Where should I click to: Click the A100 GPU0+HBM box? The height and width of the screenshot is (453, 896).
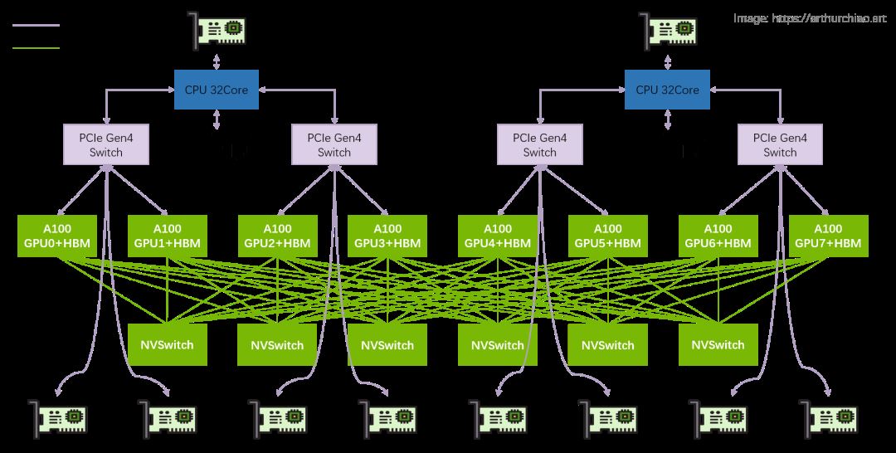point(57,236)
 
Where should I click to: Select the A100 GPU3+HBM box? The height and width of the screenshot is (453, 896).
point(387,236)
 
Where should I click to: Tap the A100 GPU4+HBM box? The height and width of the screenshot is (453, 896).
point(498,236)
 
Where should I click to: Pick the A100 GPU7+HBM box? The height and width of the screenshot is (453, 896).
point(828,236)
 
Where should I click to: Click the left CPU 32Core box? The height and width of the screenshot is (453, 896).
point(217,90)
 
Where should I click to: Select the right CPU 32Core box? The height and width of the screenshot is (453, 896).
point(667,90)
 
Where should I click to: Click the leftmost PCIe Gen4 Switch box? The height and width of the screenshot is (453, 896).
point(105,144)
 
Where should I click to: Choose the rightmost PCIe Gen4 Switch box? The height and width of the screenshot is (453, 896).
point(780,144)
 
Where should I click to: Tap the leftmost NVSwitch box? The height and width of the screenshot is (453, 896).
point(168,344)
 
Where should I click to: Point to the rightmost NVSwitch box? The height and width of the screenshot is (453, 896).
point(718,344)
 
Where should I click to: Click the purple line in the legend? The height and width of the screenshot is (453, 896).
point(37,26)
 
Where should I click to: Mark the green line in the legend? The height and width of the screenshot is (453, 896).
point(37,47)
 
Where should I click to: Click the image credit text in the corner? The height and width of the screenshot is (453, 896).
point(810,17)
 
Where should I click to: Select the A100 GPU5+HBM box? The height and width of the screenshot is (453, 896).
point(608,236)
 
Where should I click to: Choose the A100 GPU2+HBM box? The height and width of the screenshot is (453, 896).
point(277,236)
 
